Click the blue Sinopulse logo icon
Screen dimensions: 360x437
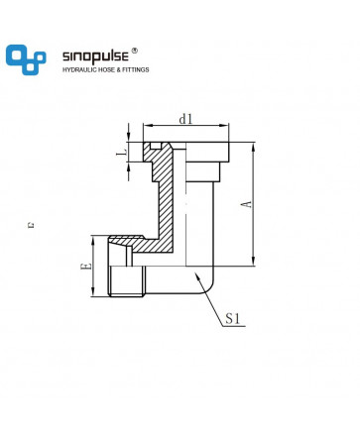point(26,59)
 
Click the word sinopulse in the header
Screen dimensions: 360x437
point(95,56)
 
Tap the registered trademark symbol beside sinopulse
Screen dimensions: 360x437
point(134,51)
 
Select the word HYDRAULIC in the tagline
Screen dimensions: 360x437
point(79,69)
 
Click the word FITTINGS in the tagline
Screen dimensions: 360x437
point(136,69)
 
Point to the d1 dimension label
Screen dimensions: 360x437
point(185,119)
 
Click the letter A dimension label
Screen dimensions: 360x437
point(247,204)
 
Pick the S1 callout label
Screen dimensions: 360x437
point(232,319)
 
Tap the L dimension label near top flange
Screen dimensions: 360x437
point(122,153)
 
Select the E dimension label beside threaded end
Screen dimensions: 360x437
point(86,266)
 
